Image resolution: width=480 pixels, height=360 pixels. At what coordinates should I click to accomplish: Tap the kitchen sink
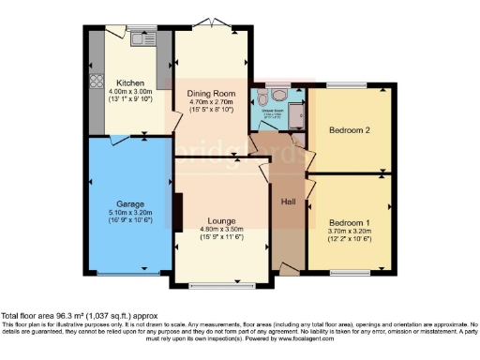(142, 40)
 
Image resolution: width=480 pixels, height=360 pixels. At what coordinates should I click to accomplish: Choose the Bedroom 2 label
(348, 130)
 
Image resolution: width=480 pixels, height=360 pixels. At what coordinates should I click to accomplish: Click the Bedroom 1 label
(348, 219)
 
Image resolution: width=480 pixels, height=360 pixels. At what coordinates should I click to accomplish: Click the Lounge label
(221, 223)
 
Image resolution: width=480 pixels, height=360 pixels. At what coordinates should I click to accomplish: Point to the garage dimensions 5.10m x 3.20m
(129, 214)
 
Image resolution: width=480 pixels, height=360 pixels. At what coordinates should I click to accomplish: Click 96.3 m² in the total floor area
(63, 316)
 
